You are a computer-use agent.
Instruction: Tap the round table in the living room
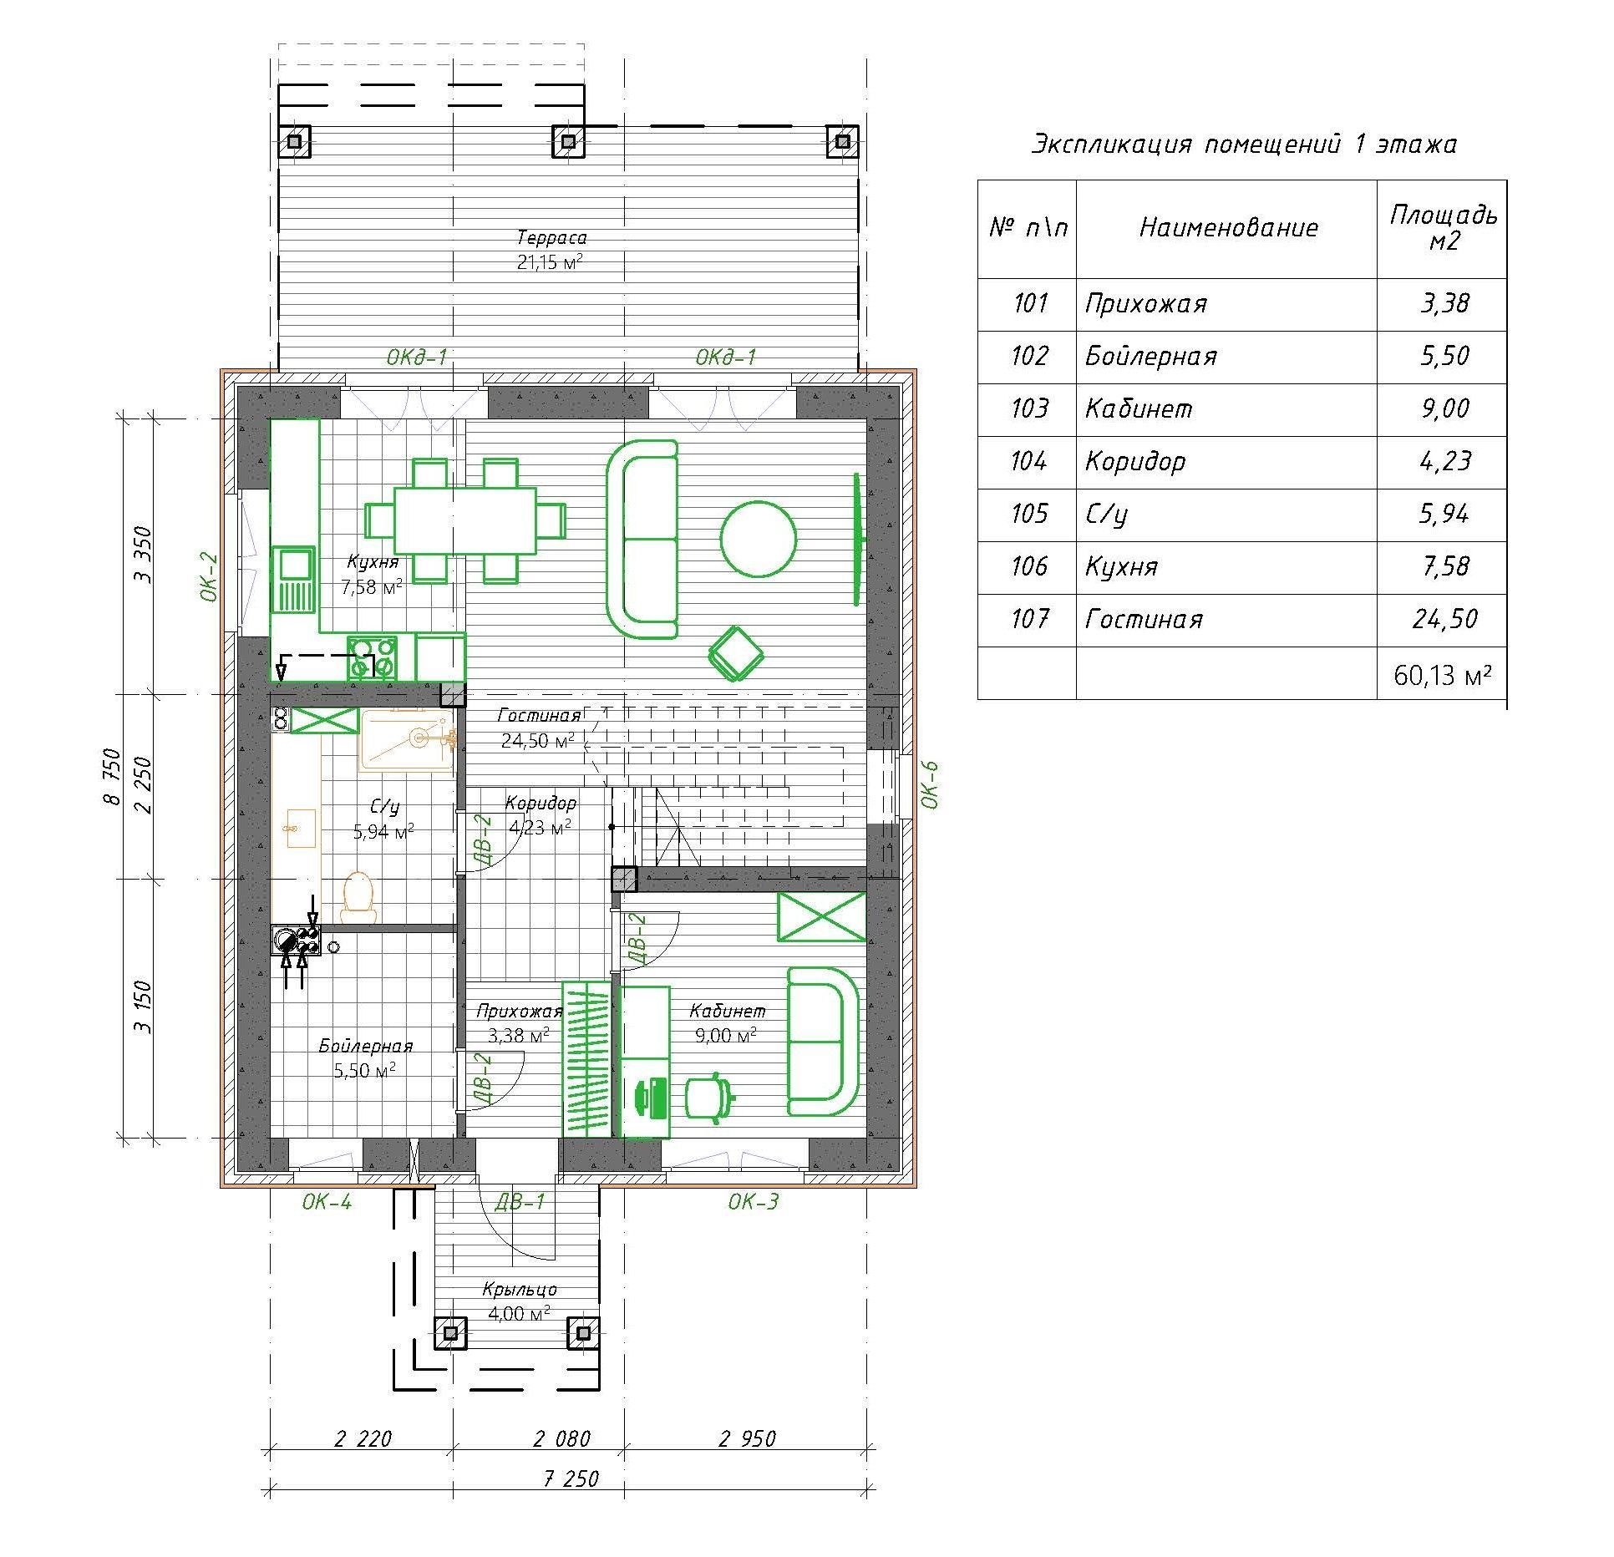pyautogui.click(x=759, y=539)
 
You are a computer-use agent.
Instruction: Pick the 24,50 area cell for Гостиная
pyautogui.click(x=1444, y=619)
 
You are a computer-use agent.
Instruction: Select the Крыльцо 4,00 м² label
pyautogui.click(x=519, y=1301)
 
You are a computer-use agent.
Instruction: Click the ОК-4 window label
pyautogui.click(x=327, y=1202)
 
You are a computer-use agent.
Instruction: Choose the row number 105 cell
pyautogui.click(x=1028, y=513)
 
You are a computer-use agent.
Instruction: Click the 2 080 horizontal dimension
pyautogui.click(x=561, y=1439)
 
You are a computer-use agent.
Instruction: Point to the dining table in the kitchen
pyautogui.click(x=464, y=520)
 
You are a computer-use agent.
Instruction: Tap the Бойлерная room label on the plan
pyautogui.click(x=365, y=1058)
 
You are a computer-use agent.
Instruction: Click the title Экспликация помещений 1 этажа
pyautogui.click(x=1244, y=145)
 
